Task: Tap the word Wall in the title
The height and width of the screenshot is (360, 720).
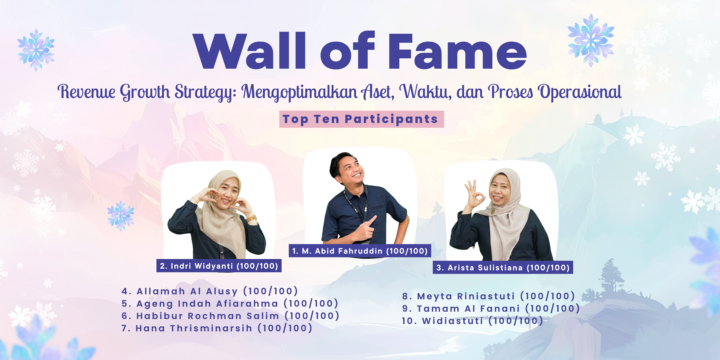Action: pos(249,51)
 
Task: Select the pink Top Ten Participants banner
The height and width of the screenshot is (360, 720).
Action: pos(361,119)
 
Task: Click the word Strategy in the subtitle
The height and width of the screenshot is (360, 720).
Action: pos(205,92)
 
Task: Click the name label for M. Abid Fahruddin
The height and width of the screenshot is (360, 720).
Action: pos(360,251)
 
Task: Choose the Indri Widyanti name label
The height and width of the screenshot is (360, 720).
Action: pos(219,266)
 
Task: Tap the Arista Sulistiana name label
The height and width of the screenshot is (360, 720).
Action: pos(503,267)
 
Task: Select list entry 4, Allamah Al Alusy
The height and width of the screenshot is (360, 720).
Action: pos(209,291)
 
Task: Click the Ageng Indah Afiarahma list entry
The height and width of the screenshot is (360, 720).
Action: pos(230,303)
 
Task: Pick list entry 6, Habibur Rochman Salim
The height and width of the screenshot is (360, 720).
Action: pos(230,316)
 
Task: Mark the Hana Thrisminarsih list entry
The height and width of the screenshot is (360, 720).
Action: pos(217,328)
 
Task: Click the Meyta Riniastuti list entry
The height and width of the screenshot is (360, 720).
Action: pos(488,296)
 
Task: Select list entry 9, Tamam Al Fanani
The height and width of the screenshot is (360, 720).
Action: pos(491,308)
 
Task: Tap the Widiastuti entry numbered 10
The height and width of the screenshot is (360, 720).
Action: pos(472,321)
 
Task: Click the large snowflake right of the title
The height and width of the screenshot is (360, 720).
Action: pos(591,40)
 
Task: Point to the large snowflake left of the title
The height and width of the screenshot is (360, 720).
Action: pos(36,50)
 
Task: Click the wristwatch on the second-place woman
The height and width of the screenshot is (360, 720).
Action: pos(251,219)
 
